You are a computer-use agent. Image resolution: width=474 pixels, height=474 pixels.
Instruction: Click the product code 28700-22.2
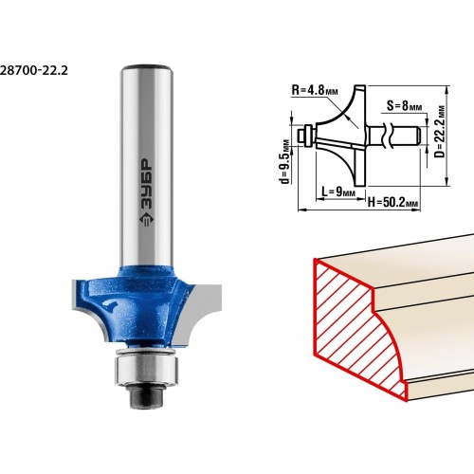pyautogui.click(x=33, y=70)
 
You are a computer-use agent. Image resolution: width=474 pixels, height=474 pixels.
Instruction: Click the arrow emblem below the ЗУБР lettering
pyautogui.click(x=146, y=219)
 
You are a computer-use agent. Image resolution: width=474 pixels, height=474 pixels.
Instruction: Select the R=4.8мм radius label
pyautogui.click(x=315, y=90)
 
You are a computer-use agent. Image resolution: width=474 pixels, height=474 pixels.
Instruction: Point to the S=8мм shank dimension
pyautogui.click(x=405, y=106)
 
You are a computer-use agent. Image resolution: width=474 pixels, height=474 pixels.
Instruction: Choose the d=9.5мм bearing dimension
pyautogui.click(x=285, y=161)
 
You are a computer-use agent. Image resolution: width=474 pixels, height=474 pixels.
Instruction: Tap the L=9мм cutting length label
pyautogui.click(x=338, y=191)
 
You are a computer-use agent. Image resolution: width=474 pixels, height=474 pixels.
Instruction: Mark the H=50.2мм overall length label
pyautogui.click(x=393, y=202)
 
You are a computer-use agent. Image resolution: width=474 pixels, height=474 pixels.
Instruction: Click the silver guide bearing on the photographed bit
pyautogui.click(x=147, y=369)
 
